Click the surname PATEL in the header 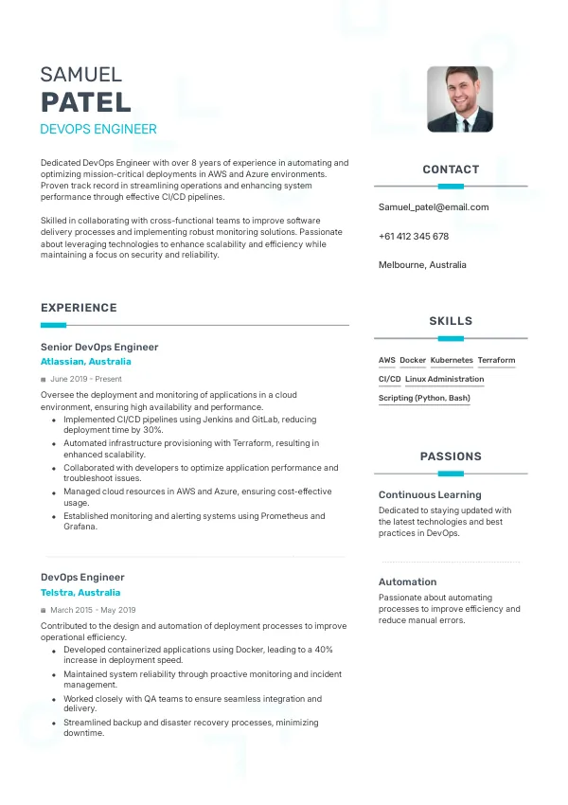86,102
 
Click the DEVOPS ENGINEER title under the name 98,129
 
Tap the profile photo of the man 460,98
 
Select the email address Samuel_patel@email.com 434,206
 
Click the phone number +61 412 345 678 414,236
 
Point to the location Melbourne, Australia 422,265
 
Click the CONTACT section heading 451,170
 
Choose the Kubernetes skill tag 452,361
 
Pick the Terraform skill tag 496,361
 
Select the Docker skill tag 413,361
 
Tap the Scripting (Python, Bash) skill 424,399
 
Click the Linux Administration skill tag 444,380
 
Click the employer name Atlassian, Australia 86,362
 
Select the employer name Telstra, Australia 80,592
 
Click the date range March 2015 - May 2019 93,610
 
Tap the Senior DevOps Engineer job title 99,347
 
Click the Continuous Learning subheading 430,494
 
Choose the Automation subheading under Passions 407,581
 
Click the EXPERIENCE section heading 79,308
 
